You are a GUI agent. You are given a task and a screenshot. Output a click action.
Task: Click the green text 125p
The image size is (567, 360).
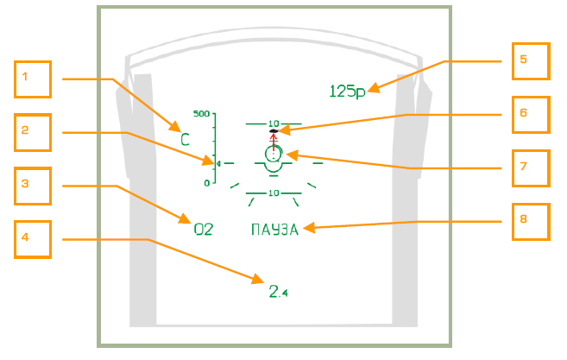pos(348,91)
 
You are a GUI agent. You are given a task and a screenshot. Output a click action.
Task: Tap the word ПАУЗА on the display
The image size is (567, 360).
pos(274,230)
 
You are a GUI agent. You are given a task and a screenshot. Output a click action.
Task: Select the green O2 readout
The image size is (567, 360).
pos(202,230)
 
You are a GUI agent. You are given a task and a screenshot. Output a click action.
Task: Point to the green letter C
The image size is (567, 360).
pos(185,139)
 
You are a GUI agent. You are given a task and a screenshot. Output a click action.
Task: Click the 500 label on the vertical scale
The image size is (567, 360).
pos(202,114)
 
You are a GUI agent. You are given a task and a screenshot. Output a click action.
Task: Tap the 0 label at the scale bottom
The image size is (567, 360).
pos(207,183)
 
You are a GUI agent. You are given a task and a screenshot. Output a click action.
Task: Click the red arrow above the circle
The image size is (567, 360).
pos(274,141)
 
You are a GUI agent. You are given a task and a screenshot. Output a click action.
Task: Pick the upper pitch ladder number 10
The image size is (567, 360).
pos(274,123)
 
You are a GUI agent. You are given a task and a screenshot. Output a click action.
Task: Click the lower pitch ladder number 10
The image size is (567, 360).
pos(273,193)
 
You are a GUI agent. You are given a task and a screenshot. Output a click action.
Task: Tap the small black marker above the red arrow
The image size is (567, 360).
pos(274,130)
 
